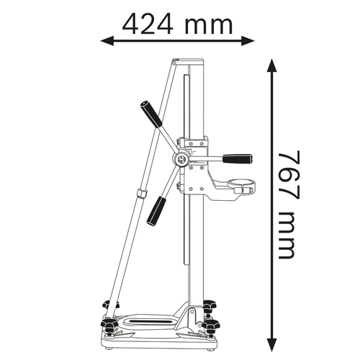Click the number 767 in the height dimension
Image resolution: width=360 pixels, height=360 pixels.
pyautogui.click(x=289, y=166)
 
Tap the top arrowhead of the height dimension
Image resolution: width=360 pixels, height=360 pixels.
pyautogui.click(x=271, y=65)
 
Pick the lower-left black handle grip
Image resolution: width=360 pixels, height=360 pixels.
pyautogui.click(x=156, y=210)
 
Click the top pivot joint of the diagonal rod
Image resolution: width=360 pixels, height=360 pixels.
pyautogui.click(x=176, y=64)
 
